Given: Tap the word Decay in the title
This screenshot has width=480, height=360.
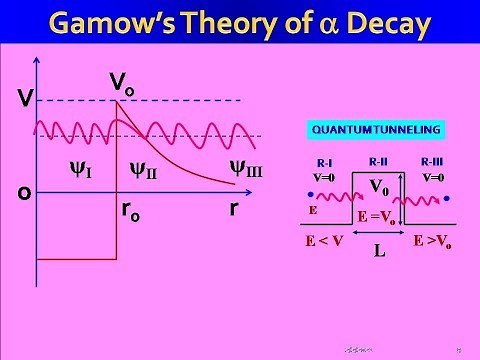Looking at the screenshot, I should click(388, 23).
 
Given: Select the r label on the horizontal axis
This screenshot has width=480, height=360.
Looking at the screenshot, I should click(233, 211).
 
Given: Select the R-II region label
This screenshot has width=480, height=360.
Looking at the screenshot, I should click(378, 158).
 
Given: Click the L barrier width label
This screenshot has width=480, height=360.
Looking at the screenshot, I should click(379, 253).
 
